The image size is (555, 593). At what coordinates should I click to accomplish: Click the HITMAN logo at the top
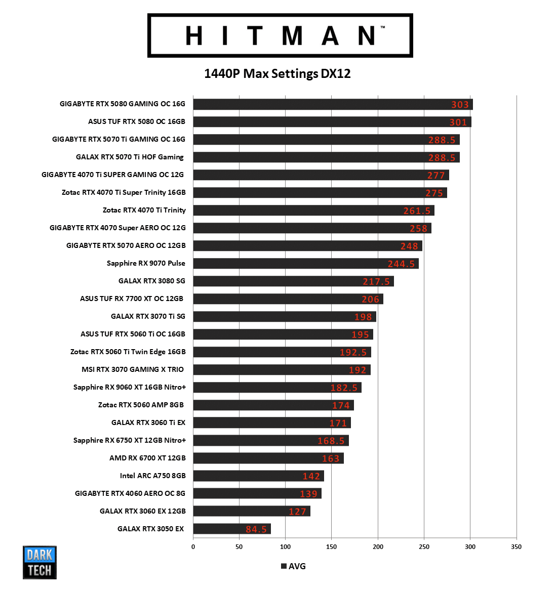tap(280, 35)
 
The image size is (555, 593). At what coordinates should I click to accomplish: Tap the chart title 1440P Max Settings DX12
tap(277, 74)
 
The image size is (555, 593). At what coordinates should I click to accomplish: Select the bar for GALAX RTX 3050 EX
tap(231, 529)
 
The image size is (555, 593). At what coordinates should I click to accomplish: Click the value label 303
tap(460, 105)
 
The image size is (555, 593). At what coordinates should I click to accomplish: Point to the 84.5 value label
tap(256, 529)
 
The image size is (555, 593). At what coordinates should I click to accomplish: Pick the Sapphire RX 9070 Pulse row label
tap(146, 263)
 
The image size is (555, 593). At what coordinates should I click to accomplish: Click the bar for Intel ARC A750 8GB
tap(258, 476)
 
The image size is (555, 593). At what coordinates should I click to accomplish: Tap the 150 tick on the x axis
tap(332, 546)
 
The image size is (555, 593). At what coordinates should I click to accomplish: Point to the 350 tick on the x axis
tap(516, 546)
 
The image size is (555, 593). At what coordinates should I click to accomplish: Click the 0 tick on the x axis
tap(193, 546)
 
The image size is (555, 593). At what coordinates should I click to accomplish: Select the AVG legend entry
tap(293, 566)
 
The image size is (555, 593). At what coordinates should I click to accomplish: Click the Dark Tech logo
tap(39, 562)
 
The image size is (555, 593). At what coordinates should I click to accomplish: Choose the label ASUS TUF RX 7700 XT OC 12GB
tap(132, 299)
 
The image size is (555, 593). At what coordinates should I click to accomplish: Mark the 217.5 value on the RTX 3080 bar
tap(376, 282)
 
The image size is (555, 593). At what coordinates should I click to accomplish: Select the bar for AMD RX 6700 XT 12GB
tap(268, 458)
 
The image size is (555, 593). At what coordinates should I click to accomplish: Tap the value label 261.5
tap(417, 211)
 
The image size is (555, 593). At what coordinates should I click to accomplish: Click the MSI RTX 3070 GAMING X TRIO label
tap(133, 369)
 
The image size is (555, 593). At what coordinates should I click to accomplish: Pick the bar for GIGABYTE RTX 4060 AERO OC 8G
tap(257, 493)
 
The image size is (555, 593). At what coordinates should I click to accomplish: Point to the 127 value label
tap(297, 512)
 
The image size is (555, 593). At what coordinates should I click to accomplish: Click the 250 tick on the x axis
tap(424, 546)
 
